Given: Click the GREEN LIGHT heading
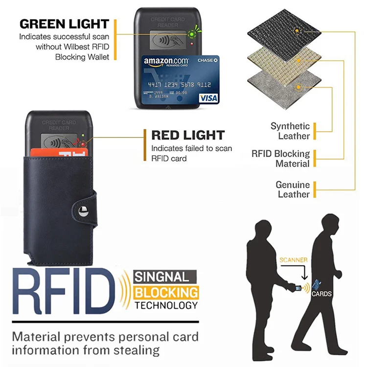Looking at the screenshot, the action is tap(64, 23).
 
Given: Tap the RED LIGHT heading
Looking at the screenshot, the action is tap(188, 135).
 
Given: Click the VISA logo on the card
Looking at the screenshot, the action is tap(208, 98).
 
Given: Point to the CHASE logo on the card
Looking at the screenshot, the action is tap(206, 59).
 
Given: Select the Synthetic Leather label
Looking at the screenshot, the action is tap(290, 131).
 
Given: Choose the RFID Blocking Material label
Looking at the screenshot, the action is tap(281, 159).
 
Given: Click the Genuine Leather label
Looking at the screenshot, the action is tap(293, 189).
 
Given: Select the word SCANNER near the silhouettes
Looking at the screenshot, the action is tap(294, 260).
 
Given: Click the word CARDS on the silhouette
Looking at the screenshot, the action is tap(321, 294).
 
